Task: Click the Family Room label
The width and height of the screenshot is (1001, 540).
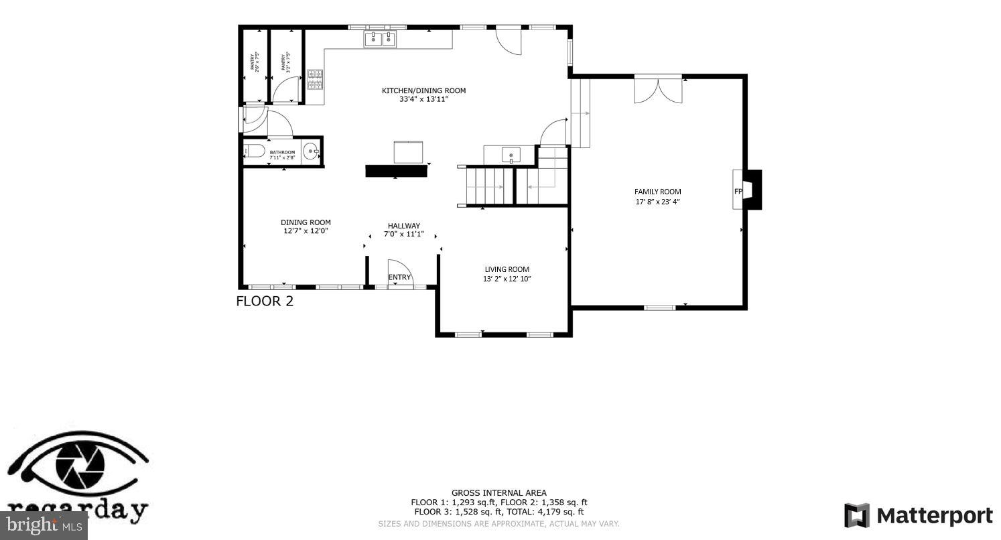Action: point(657,192)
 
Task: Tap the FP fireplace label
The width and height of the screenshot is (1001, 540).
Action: point(738,191)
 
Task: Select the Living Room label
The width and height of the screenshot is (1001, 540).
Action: point(507,269)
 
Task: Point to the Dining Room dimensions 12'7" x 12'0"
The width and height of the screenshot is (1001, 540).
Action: point(306,231)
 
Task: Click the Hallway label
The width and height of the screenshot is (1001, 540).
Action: point(403,226)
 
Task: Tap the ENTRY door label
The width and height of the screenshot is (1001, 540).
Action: point(399,277)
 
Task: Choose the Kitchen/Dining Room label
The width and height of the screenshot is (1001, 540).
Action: point(423,90)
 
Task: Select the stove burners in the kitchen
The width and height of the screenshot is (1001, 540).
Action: point(315,80)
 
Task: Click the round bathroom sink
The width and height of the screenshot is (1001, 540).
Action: point(312,152)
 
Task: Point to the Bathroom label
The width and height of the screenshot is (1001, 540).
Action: point(282,152)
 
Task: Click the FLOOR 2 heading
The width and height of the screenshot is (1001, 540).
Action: point(265,301)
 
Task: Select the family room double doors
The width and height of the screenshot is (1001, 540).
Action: point(658,90)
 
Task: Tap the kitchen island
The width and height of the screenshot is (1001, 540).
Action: point(408,151)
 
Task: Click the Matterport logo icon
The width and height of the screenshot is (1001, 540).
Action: point(856,515)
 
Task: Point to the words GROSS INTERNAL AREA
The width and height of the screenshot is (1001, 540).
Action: point(498,493)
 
